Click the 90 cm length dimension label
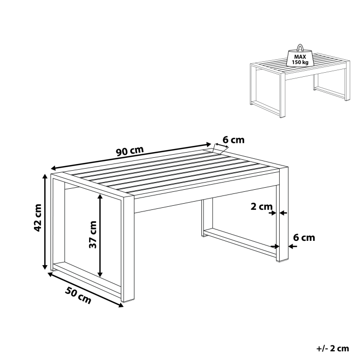(x=129, y=152)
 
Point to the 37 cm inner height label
(x=93, y=235)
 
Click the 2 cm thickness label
(x=261, y=207)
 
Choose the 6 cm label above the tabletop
(x=233, y=140)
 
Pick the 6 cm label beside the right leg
(x=303, y=237)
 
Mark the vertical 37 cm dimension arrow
(x=101, y=235)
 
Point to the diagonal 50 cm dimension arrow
(x=85, y=289)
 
